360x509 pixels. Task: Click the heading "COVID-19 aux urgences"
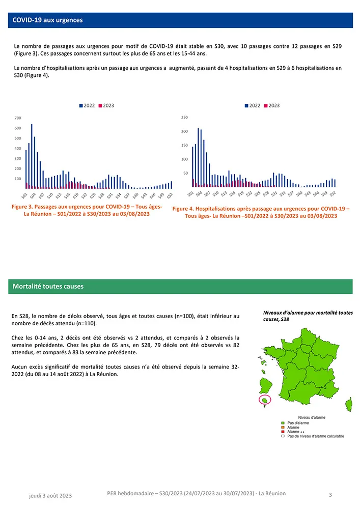coord(48,20)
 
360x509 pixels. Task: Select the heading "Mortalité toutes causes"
coord(48,286)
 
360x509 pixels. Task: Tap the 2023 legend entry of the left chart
coord(106,105)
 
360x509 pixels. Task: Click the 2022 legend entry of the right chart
coord(253,105)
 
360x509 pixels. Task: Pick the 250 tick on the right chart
coord(184,118)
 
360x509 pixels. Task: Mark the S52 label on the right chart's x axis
coord(333,194)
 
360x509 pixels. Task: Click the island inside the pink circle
coord(265,400)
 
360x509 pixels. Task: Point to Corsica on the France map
coord(349,405)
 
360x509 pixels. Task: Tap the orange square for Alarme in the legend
coord(284,427)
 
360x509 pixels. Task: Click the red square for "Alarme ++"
coord(284,432)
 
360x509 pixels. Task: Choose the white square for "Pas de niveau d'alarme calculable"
coord(284,436)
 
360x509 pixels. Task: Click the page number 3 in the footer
coord(330,494)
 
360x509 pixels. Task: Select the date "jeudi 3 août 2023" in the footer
coord(50,495)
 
